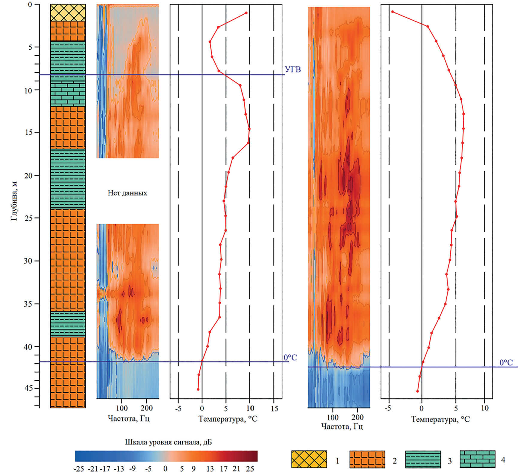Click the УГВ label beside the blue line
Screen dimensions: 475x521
point(293,69)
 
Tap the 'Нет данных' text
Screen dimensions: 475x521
point(127,193)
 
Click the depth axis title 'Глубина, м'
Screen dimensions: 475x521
point(14,201)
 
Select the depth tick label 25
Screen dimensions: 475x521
point(28,218)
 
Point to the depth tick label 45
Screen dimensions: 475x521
point(28,388)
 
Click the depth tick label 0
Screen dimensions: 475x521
point(30,5)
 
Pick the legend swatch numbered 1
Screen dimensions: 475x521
point(309,459)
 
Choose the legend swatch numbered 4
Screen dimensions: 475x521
point(477,459)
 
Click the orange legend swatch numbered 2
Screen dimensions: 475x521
point(367,459)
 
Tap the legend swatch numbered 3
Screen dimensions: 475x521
point(423,459)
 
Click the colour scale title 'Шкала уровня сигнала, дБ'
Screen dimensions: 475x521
point(168,442)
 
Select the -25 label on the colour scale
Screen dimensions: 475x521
point(78,469)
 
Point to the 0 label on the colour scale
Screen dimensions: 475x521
point(165,469)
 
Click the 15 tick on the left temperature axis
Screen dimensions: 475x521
point(274,408)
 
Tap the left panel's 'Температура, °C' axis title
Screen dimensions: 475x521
point(228,418)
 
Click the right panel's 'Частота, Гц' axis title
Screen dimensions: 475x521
point(342,426)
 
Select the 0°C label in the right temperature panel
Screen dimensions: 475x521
point(506,362)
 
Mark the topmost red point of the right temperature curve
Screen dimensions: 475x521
point(392,12)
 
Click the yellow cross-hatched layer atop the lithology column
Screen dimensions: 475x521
point(68,13)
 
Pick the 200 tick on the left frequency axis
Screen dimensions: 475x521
point(146,408)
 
